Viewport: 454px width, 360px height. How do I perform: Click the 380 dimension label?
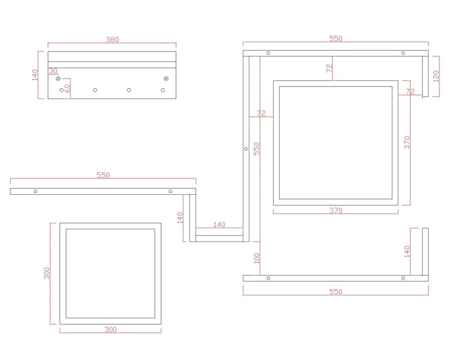click(112, 39)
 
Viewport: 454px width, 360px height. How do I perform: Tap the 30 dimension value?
click(53, 71)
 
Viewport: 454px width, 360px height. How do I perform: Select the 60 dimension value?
click(67, 88)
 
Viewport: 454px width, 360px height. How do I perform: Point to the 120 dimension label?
click(436, 76)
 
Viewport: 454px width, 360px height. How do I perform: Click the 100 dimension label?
click(257, 258)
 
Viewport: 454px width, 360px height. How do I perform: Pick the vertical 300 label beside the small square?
click(47, 273)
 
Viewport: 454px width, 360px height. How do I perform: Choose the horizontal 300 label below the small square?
click(111, 330)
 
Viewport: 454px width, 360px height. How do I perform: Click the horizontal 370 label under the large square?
click(335, 211)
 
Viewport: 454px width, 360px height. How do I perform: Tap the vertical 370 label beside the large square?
click(407, 143)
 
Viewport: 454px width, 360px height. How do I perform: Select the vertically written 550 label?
click(257, 149)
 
